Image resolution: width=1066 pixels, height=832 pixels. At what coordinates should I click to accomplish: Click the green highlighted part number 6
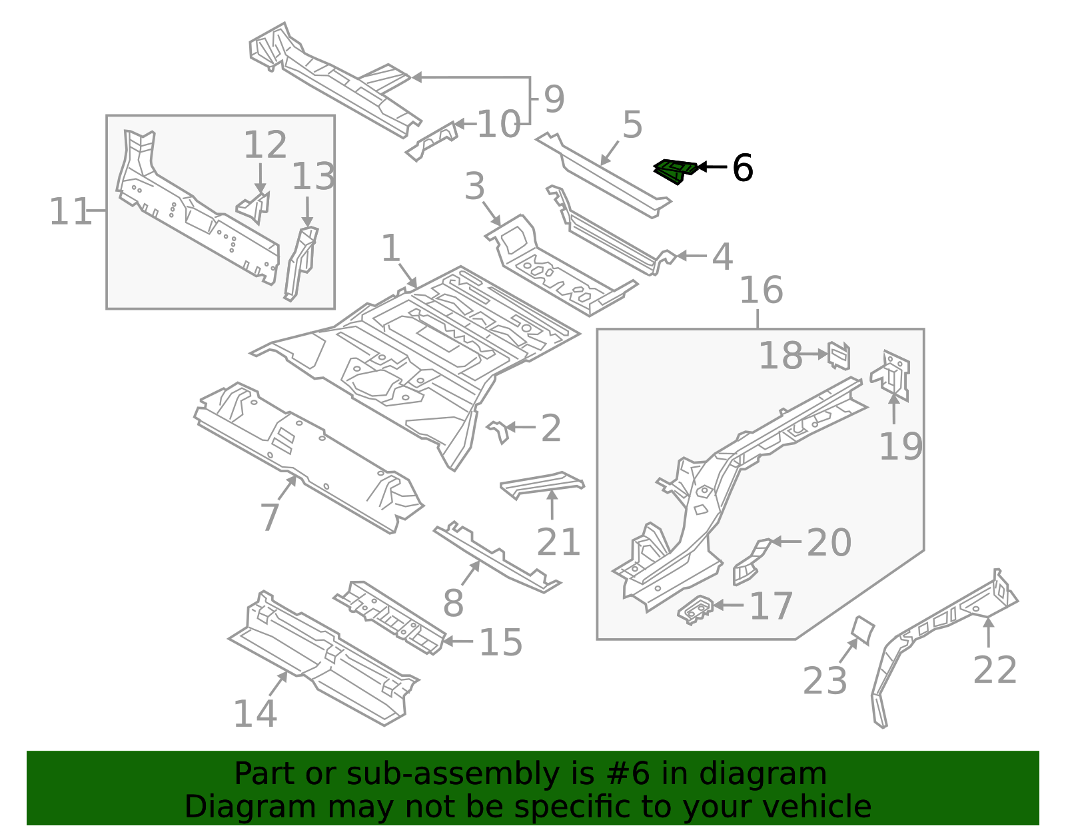pyautogui.click(x=675, y=171)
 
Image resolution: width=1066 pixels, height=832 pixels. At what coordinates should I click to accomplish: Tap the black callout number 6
pyautogui.click(x=742, y=168)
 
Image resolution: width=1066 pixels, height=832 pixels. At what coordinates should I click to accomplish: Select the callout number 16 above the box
pyautogui.click(x=761, y=290)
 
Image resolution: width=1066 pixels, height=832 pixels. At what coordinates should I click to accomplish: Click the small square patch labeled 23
pyautogui.click(x=863, y=630)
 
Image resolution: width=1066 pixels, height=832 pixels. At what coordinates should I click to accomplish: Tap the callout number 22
pyautogui.click(x=995, y=670)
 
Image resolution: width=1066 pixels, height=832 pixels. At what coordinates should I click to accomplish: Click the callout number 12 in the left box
pyautogui.click(x=265, y=145)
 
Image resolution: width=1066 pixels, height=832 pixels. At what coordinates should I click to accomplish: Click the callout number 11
pyautogui.click(x=70, y=212)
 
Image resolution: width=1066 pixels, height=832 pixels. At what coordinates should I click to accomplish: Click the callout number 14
pyautogui.click(x=255, y=714)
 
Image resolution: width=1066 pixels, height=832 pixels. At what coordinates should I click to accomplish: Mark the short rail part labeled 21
pyautogui.click(x=541, y=484)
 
